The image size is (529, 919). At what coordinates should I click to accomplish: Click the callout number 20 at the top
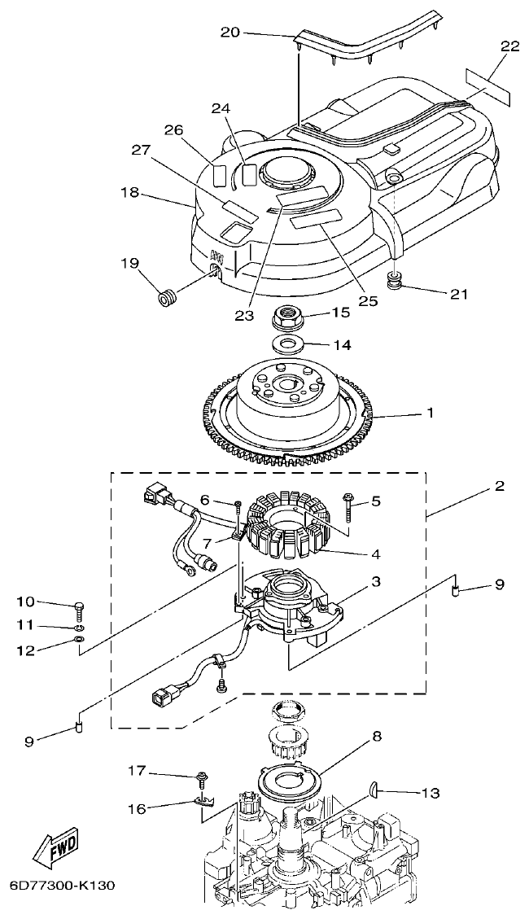230,32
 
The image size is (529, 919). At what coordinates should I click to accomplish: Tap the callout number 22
509,46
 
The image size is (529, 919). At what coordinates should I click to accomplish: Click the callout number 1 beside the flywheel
430,413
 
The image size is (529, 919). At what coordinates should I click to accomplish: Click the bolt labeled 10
78,608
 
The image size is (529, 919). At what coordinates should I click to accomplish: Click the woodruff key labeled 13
375,789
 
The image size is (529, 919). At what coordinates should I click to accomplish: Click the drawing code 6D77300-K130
61,885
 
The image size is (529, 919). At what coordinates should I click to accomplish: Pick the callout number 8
376,737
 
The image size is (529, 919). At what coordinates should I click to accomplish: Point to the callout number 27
141,150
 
